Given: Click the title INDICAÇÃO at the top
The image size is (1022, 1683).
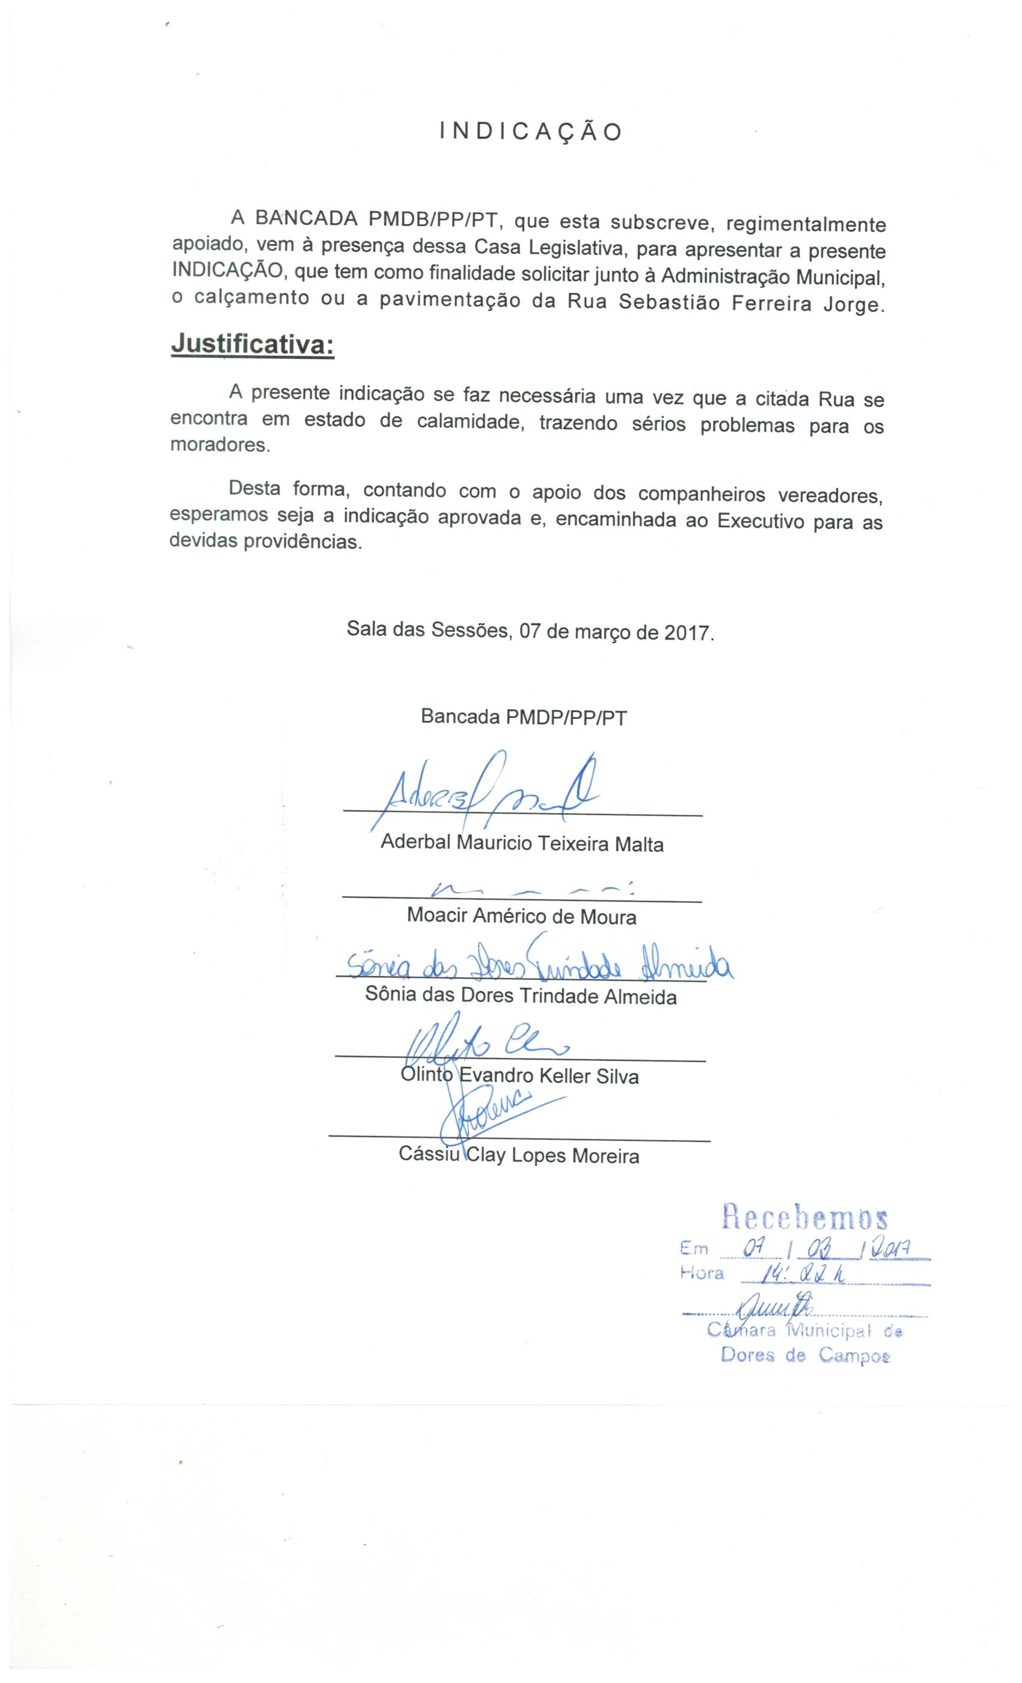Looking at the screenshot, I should (531, 131).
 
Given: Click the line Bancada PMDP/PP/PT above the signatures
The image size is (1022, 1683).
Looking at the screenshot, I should (523, 717).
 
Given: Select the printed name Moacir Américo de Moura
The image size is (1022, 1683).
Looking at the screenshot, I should (521, 916).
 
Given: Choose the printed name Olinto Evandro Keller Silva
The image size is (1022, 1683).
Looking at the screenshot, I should (520, 1077).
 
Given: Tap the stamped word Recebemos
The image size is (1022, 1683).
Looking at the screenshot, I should (805, 1217).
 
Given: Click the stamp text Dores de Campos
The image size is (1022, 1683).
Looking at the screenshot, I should (806, 1356).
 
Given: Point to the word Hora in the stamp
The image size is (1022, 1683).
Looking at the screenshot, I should (702, 1274).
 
